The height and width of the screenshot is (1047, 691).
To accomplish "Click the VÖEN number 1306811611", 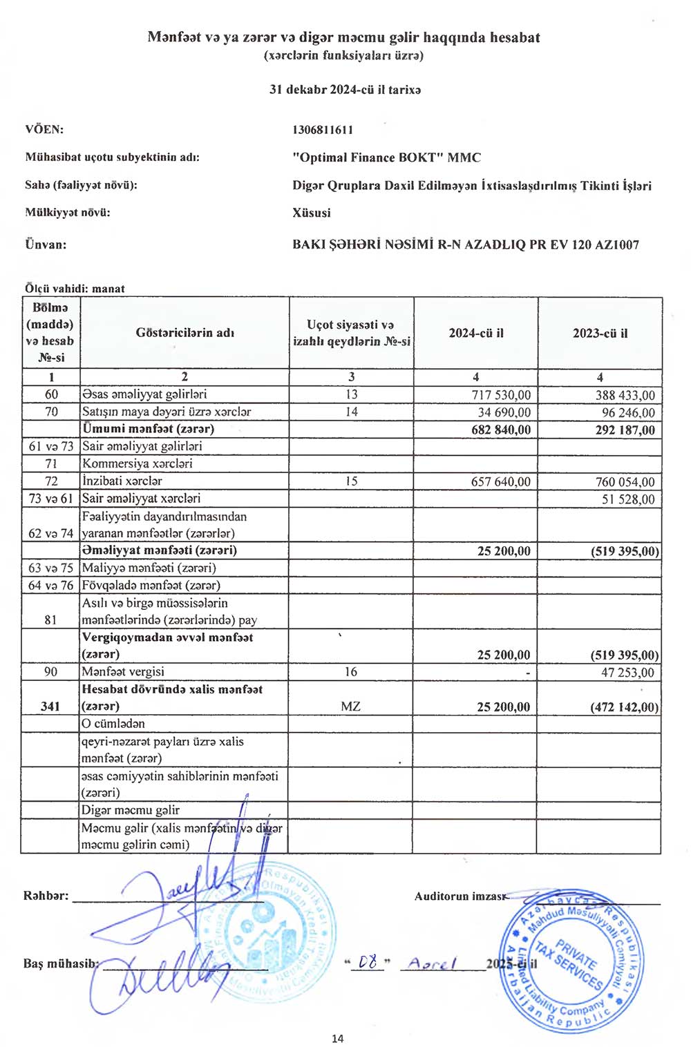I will click(323, 130).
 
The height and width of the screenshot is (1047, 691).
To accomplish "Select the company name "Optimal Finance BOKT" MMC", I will click(386, 157).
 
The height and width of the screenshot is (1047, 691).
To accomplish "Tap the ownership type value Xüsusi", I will click(311, 213).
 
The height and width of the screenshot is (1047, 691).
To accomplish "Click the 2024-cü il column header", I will click(476, 333).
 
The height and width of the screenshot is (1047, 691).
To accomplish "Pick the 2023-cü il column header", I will click(600, 333).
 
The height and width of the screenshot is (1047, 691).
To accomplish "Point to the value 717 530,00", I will click(501, 395).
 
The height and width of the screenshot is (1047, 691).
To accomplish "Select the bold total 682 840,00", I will click(501, 430).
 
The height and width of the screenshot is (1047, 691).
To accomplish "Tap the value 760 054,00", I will click(625, 481).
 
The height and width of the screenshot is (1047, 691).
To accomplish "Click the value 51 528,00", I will click(628, 499).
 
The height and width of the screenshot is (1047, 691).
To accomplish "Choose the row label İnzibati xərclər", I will click(122, 481).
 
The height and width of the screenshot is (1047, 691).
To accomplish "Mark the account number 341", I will click(50, 706).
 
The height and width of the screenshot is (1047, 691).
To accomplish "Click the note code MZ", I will click(350, 707).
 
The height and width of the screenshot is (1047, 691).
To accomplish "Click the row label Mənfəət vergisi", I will click(123, 671).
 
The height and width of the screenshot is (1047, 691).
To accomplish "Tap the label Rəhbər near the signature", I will click(46, 896).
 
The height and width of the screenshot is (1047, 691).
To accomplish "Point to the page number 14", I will click(337, 1038).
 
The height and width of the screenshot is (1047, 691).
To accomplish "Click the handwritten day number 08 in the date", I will click(370, 962).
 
